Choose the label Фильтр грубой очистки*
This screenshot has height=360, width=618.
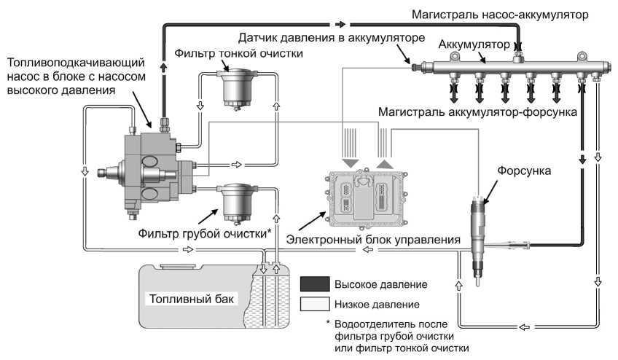[x=205, y=234]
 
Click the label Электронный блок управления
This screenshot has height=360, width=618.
[x=372, y=238]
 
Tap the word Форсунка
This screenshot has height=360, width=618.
[x=525, y=169]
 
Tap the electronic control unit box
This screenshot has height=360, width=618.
[x=364, y=196]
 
